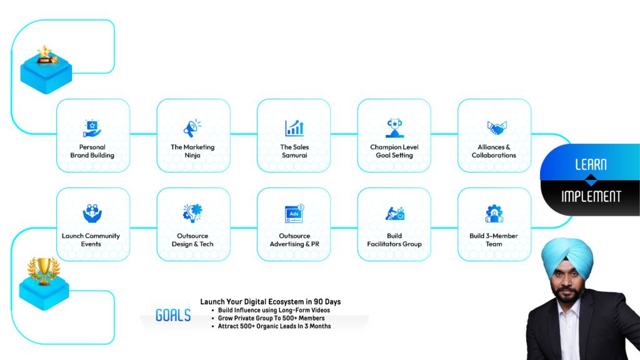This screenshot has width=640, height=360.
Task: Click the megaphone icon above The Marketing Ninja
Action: tap(193, 128)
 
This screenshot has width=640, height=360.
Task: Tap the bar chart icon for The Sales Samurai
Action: tap(294, 128)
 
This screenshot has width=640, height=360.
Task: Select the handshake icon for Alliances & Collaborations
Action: tap(494, 128)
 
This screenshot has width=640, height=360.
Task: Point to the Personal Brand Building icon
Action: tap(92, 128)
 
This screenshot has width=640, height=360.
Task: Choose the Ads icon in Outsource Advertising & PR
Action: tap(294, 214)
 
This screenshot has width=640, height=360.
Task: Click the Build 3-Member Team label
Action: tap(494, 240)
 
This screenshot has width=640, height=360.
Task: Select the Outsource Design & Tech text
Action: tap(192, 240)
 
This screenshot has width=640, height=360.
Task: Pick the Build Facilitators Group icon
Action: tap(394, 214)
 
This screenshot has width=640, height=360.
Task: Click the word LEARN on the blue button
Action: tap(590, 164)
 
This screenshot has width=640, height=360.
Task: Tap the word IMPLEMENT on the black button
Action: tap(591, 196)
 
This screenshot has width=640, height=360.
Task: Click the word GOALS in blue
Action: tap(173, 316)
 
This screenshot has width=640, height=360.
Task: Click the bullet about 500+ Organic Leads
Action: tap(274, 326)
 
